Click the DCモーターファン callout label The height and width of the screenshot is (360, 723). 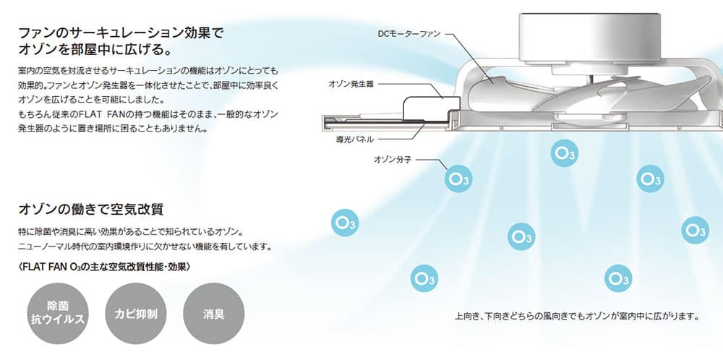point(409,34)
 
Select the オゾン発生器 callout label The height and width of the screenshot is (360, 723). point(344,84)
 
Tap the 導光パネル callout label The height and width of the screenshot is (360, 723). point(354,140)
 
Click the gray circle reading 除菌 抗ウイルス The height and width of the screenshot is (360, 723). point(58,313)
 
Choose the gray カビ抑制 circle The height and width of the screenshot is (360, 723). point(136,313)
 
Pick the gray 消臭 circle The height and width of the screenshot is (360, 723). point(214,313)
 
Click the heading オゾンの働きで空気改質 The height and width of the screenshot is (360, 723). point(91,209)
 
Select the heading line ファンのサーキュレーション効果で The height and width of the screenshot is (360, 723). point(121,33)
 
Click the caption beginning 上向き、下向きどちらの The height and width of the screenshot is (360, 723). point(577,317)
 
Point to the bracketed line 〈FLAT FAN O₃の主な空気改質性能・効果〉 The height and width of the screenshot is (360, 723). point(104,267)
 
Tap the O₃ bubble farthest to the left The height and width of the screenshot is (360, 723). point(345,223)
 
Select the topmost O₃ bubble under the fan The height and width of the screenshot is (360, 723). point(565,153)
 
